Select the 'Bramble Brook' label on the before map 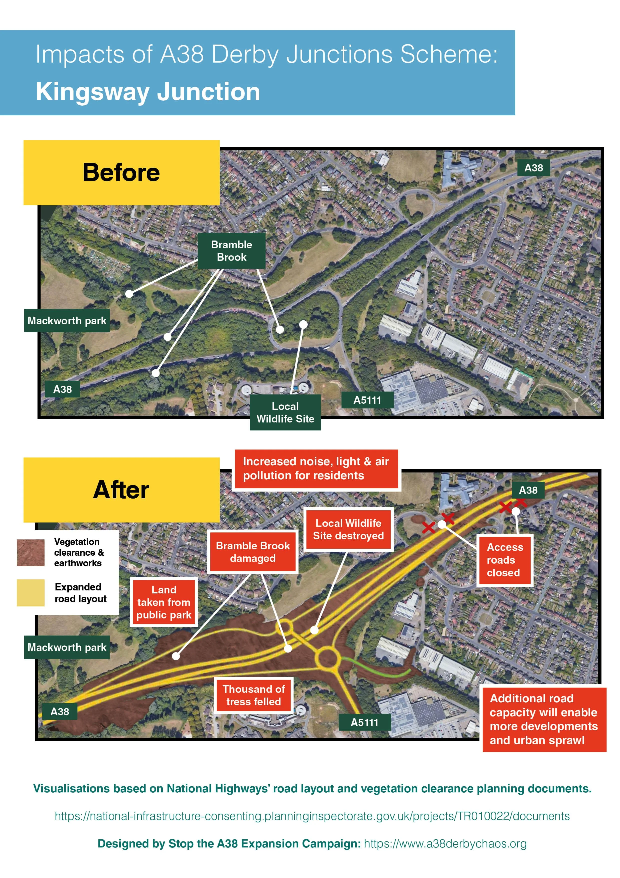tap(231, 251)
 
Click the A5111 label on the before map tap(367, 400)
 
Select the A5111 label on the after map tap(364, 722)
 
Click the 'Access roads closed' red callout tap(505, 560)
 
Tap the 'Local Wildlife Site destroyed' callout tap(348, 529)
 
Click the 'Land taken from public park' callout tap(164, 602)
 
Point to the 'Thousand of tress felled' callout tap(254, 695)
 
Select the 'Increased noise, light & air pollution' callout tap(316, 469)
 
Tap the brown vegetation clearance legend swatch tap(30, 553)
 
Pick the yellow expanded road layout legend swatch tap(30, 593)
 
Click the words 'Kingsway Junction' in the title tap(148, 92)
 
